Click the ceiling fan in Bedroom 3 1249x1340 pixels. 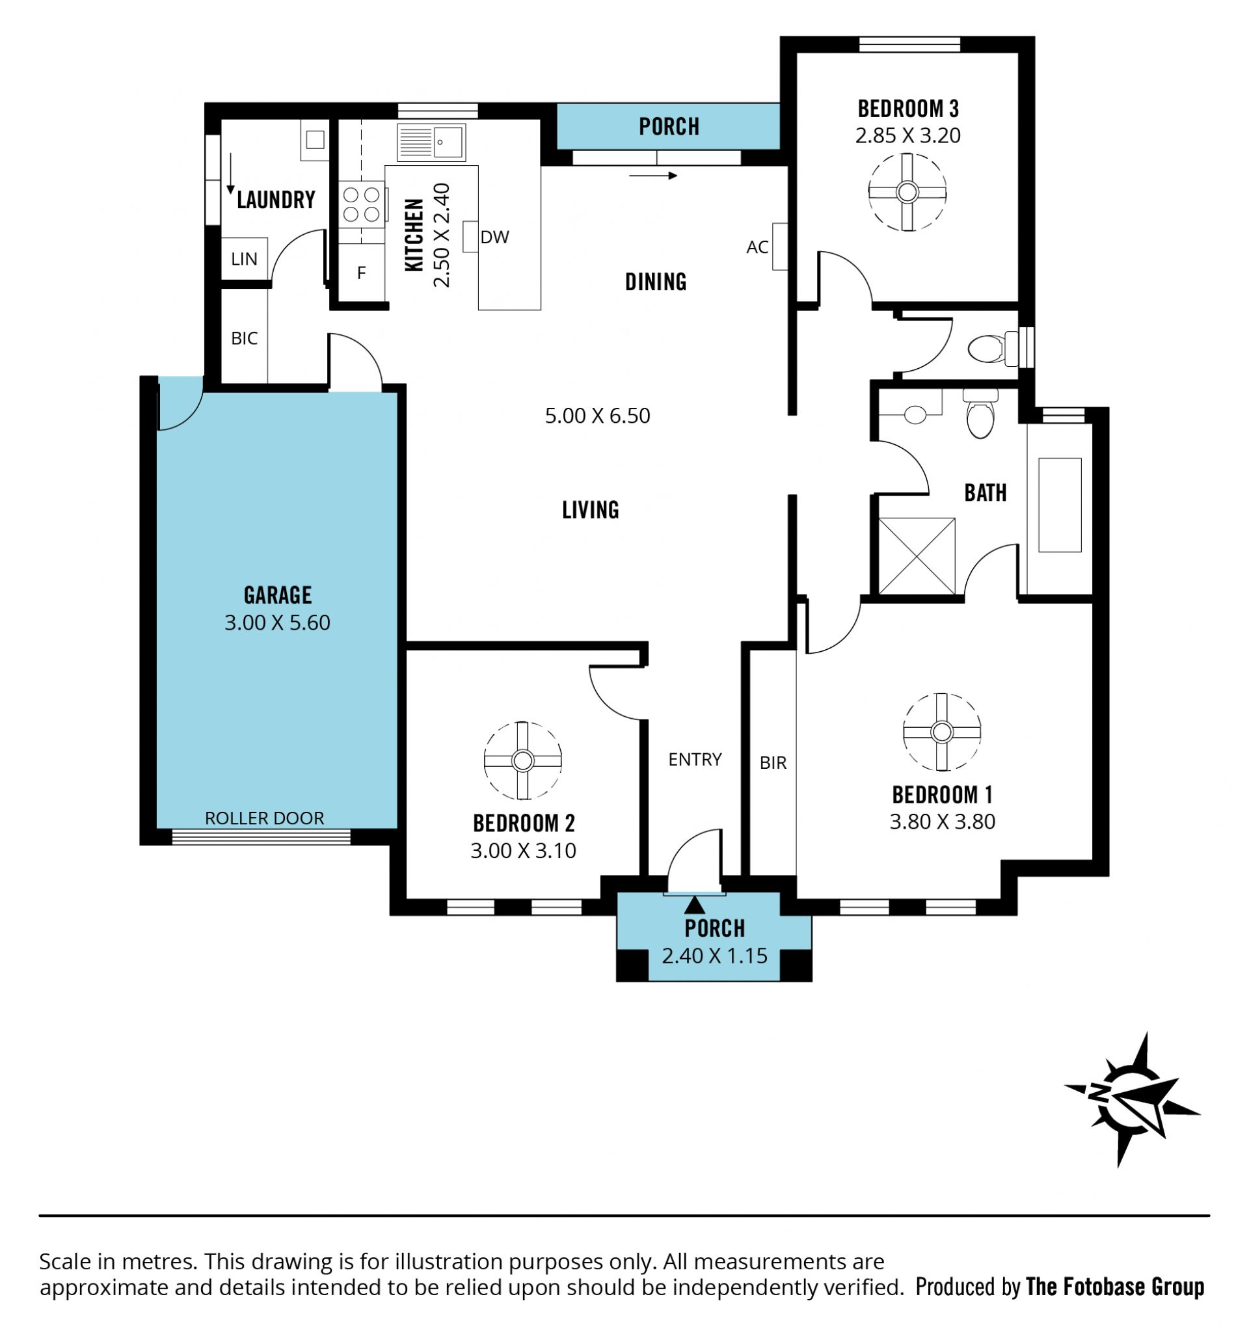click(907, 192)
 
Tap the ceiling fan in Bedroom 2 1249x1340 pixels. click(522, 760)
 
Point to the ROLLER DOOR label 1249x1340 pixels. click(264, 818)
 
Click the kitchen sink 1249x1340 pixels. click(431, 142)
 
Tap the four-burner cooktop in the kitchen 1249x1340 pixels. click(361, 205)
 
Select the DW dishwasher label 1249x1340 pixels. click(494, 237)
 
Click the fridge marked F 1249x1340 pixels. click(361, 273)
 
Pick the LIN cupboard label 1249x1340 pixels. click(244, 259)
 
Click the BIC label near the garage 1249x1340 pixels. click(244, 338)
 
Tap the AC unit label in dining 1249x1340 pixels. click(757, 247)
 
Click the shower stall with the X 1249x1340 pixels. click(917, 556)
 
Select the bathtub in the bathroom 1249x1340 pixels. click(1060, 505)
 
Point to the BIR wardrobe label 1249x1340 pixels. click(773, 762)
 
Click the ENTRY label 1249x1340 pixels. click(695, 759)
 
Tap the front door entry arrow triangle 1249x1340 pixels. click(694, 905)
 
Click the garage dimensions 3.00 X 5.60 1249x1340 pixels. click(277, 621)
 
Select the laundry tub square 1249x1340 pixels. click(315, 141)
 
